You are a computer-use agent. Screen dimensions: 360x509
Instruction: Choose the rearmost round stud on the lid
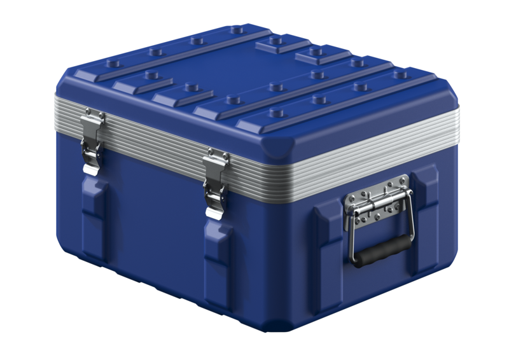(237, 30)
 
